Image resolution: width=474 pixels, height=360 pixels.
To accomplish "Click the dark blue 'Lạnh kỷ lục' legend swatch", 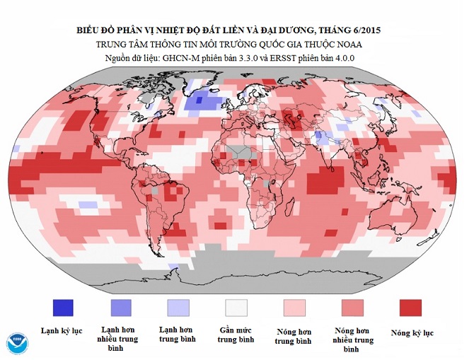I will pos(63,307).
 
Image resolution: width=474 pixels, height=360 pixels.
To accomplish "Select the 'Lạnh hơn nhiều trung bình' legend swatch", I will pos(121,307).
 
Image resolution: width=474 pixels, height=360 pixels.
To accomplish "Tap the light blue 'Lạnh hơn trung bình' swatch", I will pos(178,307).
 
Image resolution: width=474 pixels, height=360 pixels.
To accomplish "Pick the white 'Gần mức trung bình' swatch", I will pos(236,307).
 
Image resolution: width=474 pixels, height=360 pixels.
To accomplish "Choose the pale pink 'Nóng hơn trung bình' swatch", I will pos(294,307).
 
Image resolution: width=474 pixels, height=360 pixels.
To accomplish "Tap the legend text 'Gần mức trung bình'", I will pos(236,335).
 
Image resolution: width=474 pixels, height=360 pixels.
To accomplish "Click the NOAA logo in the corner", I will pos(16,342).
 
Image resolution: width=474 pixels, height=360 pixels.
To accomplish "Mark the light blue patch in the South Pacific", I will pos(88,204).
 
